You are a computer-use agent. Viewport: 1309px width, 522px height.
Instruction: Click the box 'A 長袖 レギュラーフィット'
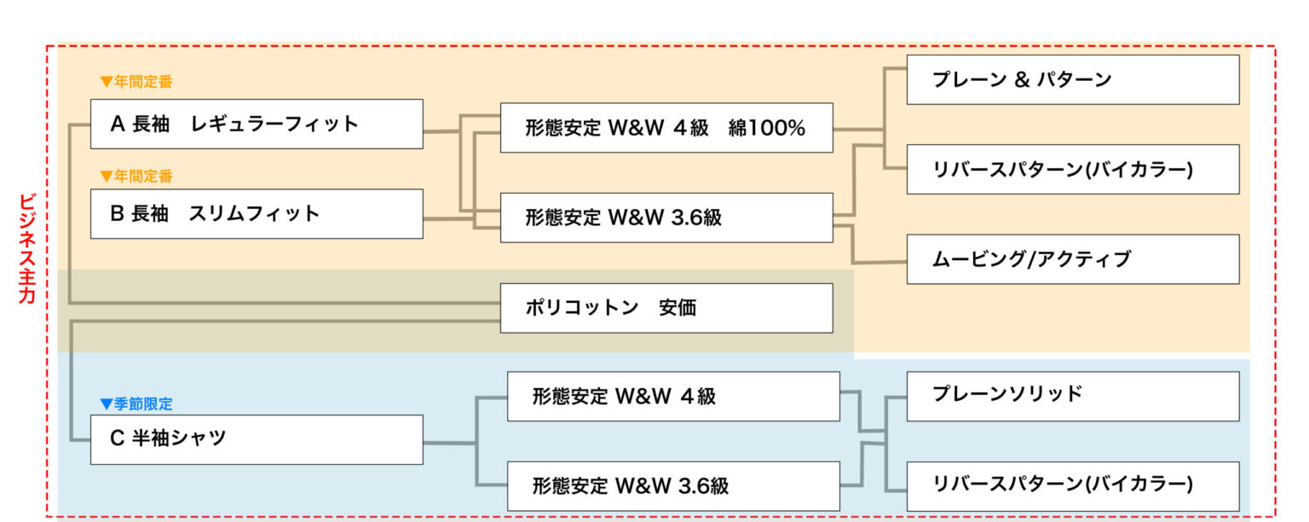click(x=257, y=124)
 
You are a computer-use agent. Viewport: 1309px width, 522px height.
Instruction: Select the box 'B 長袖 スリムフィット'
click(x=257, y=213)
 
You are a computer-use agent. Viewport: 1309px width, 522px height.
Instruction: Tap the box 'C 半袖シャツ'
click(x=257, y=439)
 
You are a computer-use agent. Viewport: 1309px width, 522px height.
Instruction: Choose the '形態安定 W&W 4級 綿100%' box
click(x=666, y=128)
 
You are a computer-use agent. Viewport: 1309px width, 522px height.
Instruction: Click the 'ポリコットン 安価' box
click(x=666, y=308)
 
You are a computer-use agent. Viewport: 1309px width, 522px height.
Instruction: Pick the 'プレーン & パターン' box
click(x=1072, y=80)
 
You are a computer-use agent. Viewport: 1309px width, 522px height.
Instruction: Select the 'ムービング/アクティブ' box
click(x=1072, y=259)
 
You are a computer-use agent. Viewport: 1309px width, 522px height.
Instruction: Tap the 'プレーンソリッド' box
click(x=1072, y=396)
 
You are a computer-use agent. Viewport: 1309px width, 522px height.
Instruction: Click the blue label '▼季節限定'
click(x=136, y=404)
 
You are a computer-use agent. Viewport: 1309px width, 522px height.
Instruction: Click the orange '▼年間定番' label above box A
click(x=136, y=83)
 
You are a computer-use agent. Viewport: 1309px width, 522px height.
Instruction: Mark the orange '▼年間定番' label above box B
click(x=136, y=177)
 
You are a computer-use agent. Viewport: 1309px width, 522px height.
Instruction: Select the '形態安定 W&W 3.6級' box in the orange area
click(x=666, y=217)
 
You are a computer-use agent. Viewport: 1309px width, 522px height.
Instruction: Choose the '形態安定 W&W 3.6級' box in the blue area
click(x=673, y=486)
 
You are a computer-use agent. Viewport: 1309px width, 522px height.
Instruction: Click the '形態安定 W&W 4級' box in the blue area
click(x=673, y=397)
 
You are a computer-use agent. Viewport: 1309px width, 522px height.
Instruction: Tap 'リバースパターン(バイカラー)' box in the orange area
click(x=1072, y=169)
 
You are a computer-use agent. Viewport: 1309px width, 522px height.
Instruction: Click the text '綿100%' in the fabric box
click(x=767, y=128)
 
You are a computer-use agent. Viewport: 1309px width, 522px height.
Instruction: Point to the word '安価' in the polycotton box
click(x=678, y=308)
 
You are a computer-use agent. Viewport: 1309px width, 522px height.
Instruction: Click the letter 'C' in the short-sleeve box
click(x=118, y=439)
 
